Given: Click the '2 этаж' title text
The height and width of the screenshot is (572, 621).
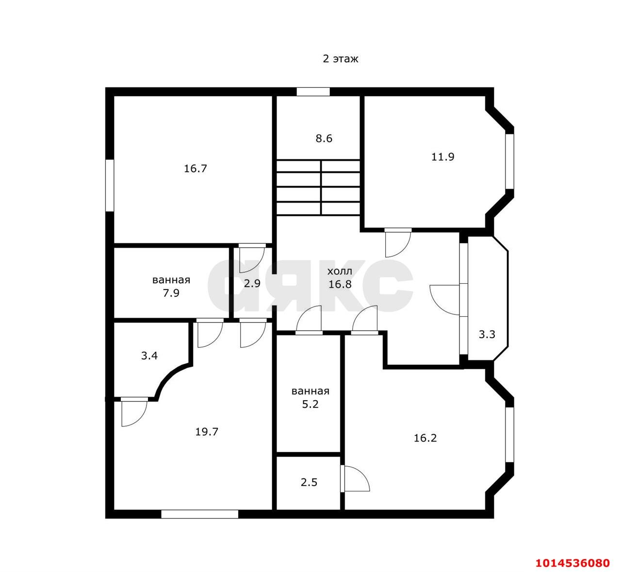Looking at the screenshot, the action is pyautogui.click(x=340, y=59).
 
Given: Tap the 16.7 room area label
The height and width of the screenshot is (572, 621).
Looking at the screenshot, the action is pyautogui.click(x=196, y=168).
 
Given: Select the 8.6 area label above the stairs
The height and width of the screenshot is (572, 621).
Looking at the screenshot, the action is pyautogui.click(x=324, y=138).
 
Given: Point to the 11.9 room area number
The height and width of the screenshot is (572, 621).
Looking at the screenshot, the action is pyautogui.click(x=442, y=157).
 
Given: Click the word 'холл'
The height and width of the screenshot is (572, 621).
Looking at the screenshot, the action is pyautogui.click(x=340, y=271).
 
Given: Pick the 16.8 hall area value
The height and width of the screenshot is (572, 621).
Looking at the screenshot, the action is pyautogui.click(x=340, y=284).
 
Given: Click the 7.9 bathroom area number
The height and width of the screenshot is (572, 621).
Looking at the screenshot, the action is pyautogui.click(x=171, y=293).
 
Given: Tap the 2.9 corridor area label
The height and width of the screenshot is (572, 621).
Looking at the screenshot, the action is pyautogui.click(x=252, y=283).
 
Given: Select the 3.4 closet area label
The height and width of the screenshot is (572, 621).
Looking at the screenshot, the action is pyautogui.click(x=149, y=356).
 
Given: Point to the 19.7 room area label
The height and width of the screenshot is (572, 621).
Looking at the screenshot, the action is pyautogui.click(x=207, y=432).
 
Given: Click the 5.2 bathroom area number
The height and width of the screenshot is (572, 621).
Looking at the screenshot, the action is pyautogui.click(x=310, y=404).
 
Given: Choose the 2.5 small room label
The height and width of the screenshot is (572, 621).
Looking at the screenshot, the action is pyautogui.click(x=309, y=482).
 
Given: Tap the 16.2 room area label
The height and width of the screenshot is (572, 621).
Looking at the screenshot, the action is pyautogui.click(x=425, y=438).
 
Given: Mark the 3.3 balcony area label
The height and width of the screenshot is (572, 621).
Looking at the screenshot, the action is pyautogui.click(x=487, y=334).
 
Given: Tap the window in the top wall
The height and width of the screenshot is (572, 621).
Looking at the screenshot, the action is pyautogui.click(x=313, y=92).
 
